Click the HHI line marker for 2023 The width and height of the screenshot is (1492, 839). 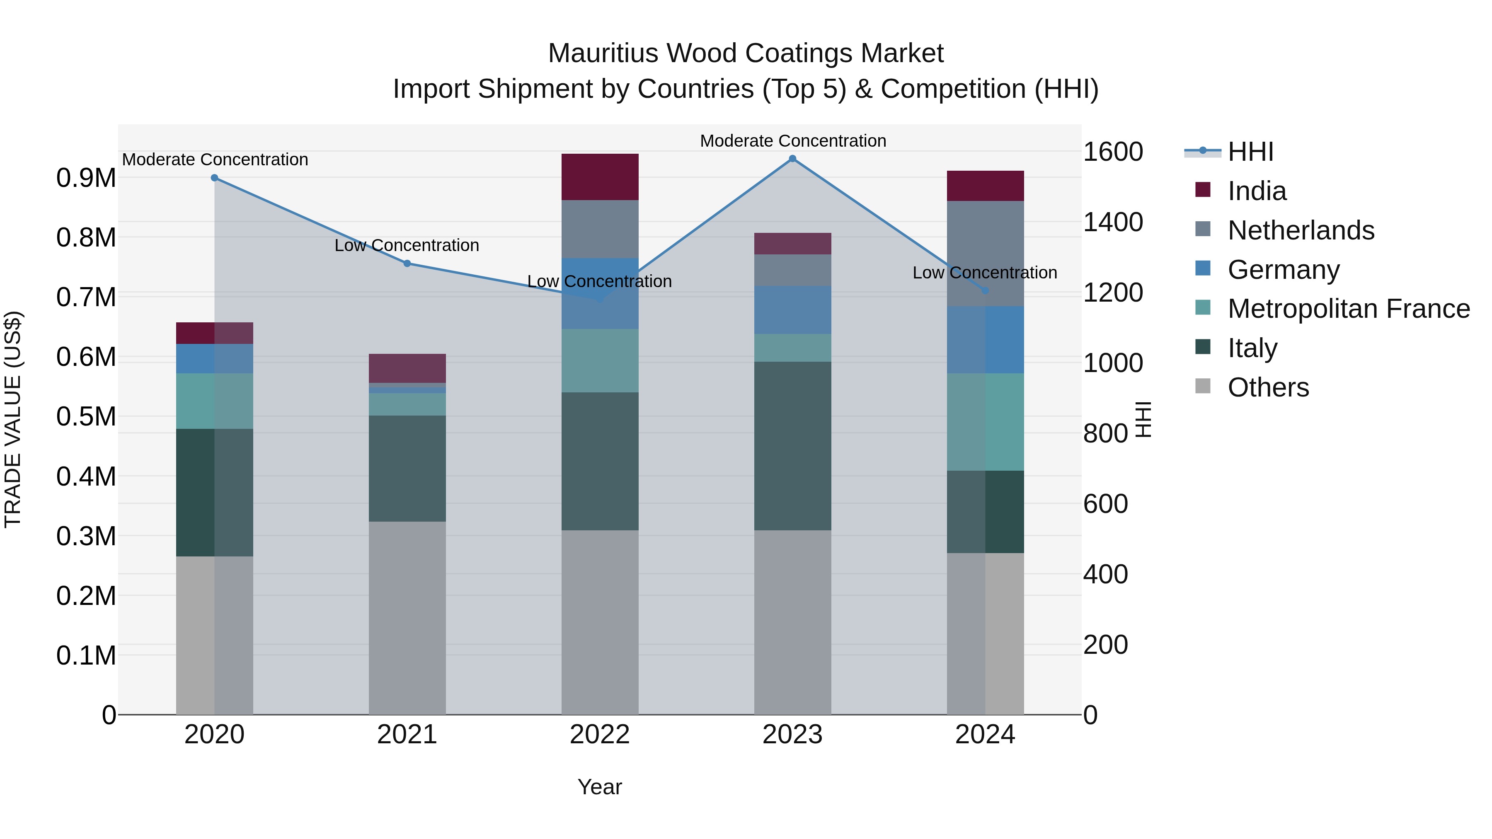(792, 159)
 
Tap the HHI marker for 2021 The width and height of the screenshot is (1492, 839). (407, 264)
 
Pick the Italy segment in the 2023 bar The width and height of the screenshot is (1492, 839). (792, 446)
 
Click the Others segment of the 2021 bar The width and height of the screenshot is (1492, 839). (407, 618)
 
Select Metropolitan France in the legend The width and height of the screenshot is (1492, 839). (1348, 309)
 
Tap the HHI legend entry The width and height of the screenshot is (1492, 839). (1250, 152)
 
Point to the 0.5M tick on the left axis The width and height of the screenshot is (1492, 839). (86, 417)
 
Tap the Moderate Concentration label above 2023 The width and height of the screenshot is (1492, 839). (792, 141)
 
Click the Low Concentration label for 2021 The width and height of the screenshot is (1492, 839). (407, 246)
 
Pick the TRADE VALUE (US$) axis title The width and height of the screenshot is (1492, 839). (13, 419)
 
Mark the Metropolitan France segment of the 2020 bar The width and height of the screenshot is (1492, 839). (214, 401)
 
